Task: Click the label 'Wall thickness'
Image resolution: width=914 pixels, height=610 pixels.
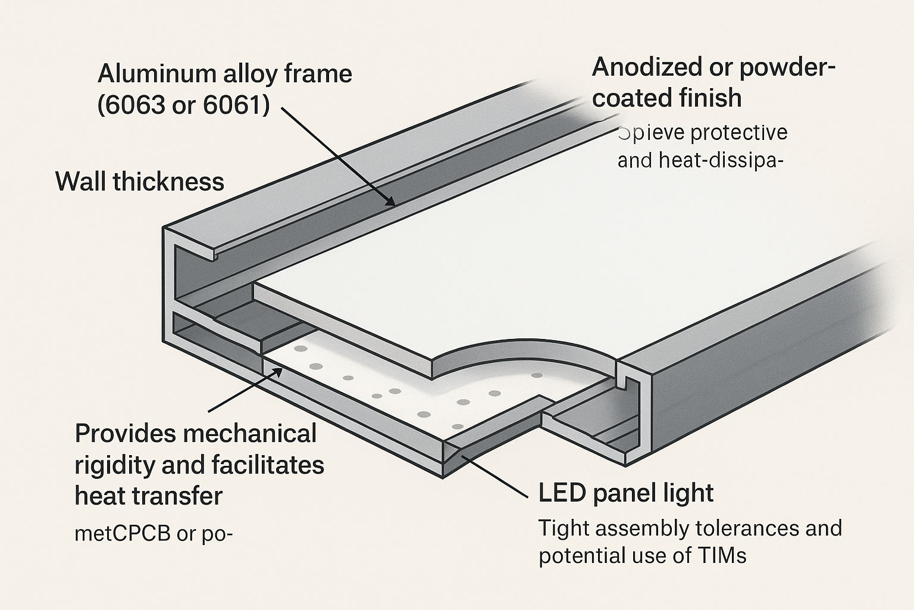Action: (x=140, y=182)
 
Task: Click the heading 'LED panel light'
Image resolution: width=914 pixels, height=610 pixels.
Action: (x=626, y=493)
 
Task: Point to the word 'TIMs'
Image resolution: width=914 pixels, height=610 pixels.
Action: (x=721, y=556)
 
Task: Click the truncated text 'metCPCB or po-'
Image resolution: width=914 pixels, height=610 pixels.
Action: (x=153, y=534)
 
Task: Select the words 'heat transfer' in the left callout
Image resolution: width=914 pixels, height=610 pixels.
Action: (x=149, y=496)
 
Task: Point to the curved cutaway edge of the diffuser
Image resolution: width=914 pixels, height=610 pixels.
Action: (x=524, y=346)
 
